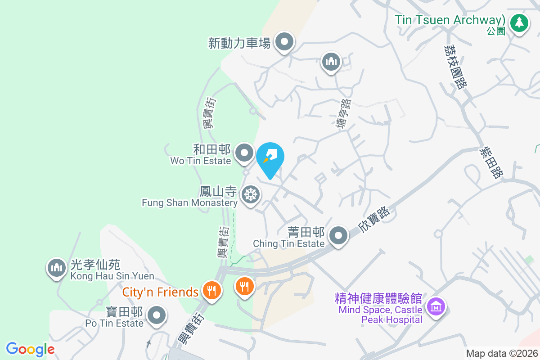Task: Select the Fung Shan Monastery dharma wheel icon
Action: [x=250, y=195]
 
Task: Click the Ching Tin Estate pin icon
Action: [x=338, y=235]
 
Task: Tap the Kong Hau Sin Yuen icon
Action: [x=56, y=268]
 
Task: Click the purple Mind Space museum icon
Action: [x=436, y=307]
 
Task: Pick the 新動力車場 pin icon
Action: [x=284, y=42]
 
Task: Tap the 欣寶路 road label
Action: [x=373, y=220]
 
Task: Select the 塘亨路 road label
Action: [x=344, y=114]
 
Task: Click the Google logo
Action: [x=30, y=349]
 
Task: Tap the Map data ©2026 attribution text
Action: [x=501, y=353]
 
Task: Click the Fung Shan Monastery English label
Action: [x=189, y=203]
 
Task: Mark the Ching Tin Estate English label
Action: [x=288, y=243]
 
